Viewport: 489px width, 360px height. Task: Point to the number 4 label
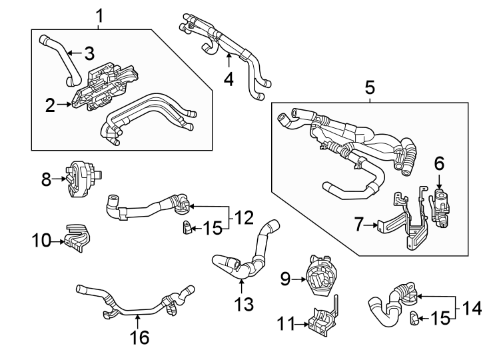click(x=229, y=79)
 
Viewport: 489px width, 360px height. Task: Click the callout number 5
click(x=370, y=87)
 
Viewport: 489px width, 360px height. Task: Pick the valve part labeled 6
click(x=439, y=203)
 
